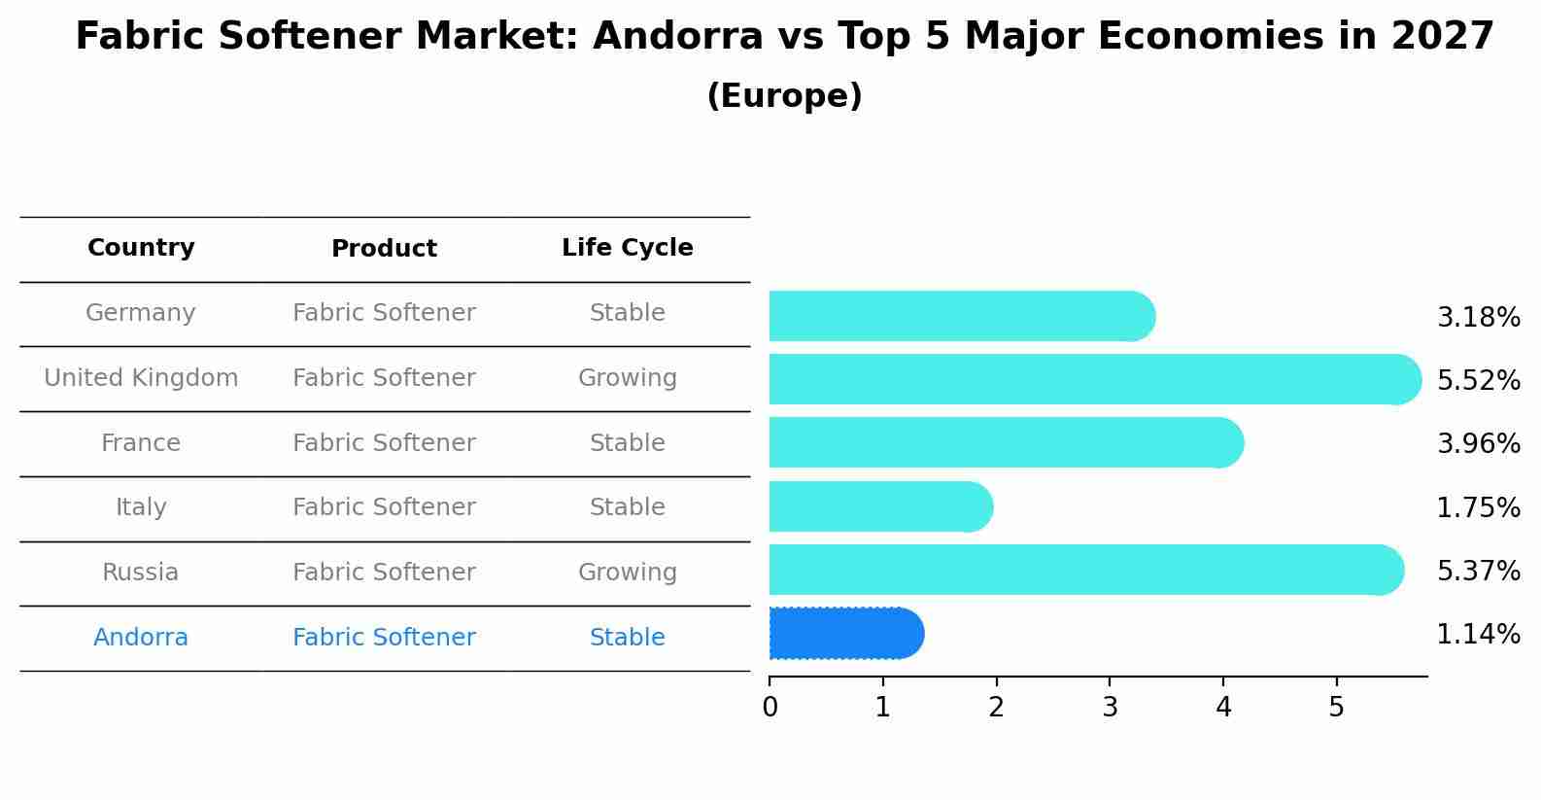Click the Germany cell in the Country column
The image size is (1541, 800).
click(x=141, y=313)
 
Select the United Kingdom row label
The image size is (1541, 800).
click(x=141, y=378)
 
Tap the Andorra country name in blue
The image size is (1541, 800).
click(x=141, y=638)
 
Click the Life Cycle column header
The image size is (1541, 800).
click(x=627, y=248)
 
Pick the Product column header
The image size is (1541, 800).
click(x=384, y=249)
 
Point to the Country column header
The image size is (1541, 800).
click(x=141, y=248)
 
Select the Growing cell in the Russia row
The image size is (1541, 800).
click(x=627, y=573)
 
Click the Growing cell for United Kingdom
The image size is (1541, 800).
click(x=627, y=378)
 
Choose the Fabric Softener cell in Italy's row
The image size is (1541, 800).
click(x=384, y=507)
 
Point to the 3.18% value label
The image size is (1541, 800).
click(x=1478, y=318)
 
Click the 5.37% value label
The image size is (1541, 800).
click(x=1478, y=572)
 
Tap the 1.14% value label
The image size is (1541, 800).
click(x=1478, y=635)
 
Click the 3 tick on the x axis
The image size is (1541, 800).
click(x=1110, y=708)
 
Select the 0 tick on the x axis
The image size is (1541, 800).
click(x=770, y=708)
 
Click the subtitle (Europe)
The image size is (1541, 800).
click(x=784, y=96)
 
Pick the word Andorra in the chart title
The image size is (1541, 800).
click(x=677, y=37)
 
